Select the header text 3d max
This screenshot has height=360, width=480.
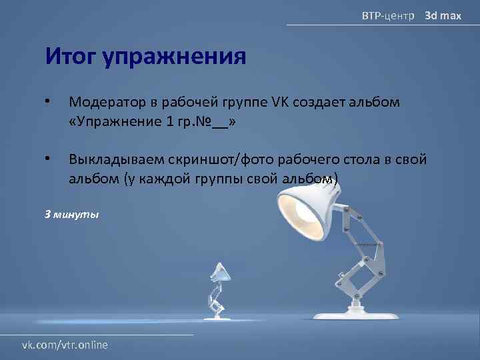click(443, 15)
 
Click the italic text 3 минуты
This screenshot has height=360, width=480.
click(71, 215)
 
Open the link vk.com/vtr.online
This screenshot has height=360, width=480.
click(65, 345)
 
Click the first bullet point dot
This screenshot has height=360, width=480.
click(47, 102)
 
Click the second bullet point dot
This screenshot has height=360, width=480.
click(47, 159)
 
